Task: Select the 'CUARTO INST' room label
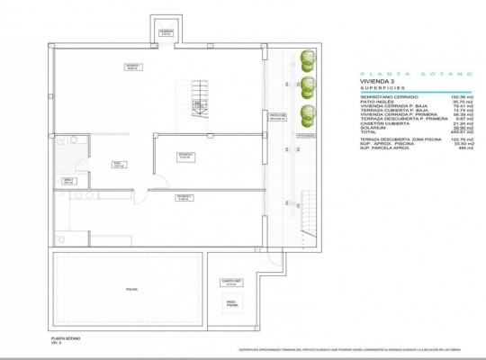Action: click(x=232, y=282)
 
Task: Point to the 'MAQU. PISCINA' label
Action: click(x=232, y=303)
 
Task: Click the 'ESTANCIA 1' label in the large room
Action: click(x=133, y=67)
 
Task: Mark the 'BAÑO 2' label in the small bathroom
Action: click(x=67, y=180)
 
